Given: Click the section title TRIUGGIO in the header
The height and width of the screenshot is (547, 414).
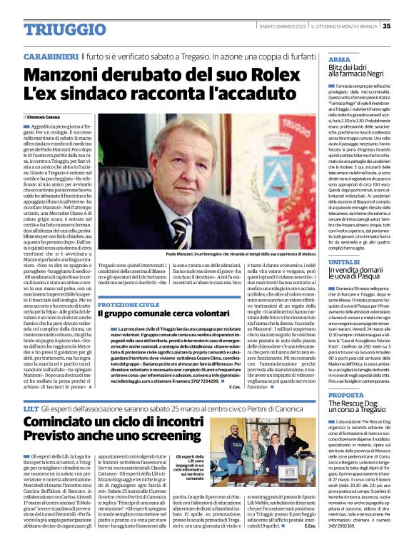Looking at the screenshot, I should (51, 27).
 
